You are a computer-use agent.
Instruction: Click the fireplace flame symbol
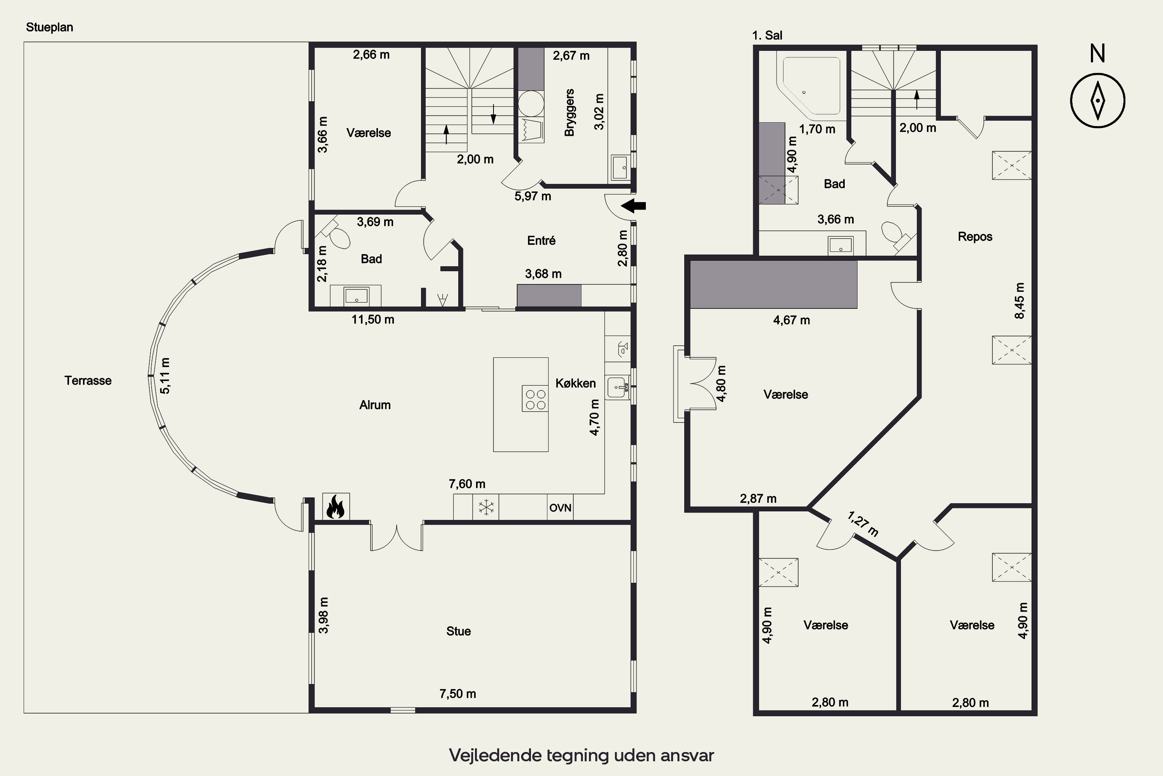point(336,506)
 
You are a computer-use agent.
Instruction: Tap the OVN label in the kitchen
point(560,508)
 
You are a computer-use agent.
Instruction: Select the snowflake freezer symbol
point(486,507)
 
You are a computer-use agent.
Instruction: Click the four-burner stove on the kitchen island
point(535,399)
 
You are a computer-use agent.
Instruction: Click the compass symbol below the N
point(1098,100)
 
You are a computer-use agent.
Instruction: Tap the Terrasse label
point(88,381)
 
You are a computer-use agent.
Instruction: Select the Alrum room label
point(375,405)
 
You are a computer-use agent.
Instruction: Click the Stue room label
point(458,631)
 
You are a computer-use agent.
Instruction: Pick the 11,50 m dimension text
point(373,320)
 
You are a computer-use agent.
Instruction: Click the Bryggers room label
point(569,113)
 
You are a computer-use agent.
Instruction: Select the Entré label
point(542,241)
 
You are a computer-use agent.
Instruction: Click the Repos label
point(975,237)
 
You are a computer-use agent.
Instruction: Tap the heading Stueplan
point(50,27)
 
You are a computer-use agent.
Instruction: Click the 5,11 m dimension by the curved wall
point(165,376)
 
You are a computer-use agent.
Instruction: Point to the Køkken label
point(576,383)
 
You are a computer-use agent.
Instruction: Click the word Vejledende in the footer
point(495,756)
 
